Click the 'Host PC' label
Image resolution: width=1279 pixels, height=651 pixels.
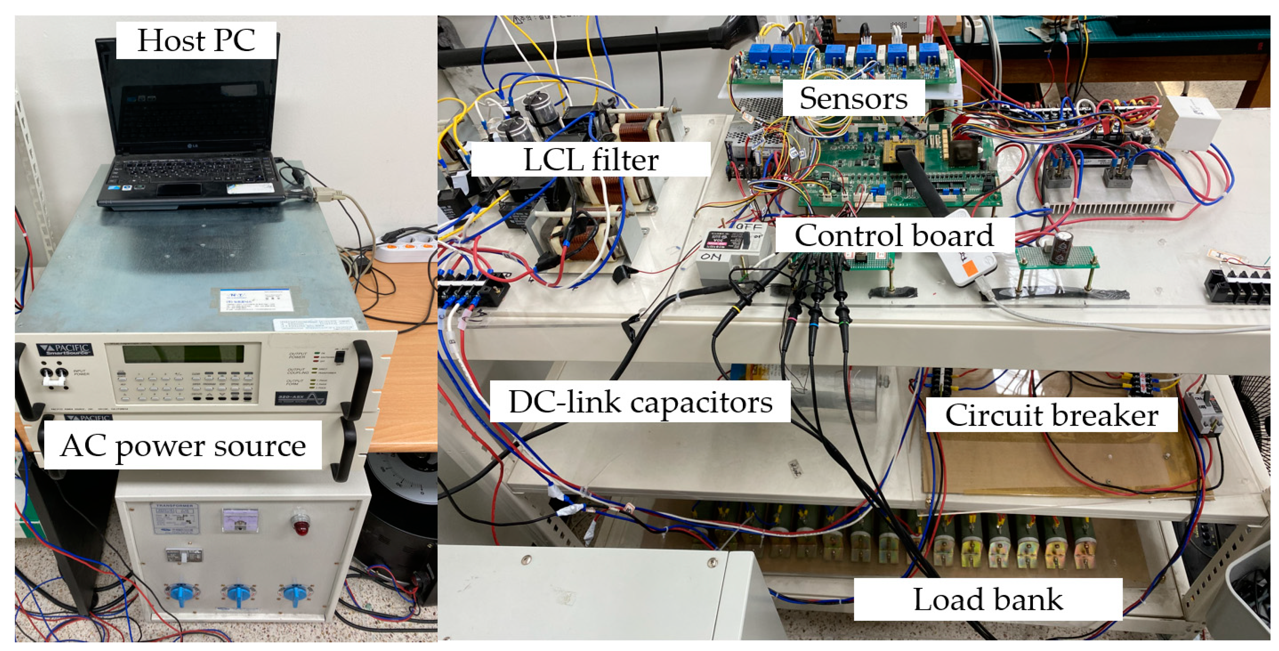[x=196, y=40]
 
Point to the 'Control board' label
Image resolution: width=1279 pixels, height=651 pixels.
[x=894, y=235]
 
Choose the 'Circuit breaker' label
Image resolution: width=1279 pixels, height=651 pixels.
[x=1052, y=415]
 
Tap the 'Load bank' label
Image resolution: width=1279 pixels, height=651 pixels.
[x=988, y=599]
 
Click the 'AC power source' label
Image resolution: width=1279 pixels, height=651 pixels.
[x=183, y=445]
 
